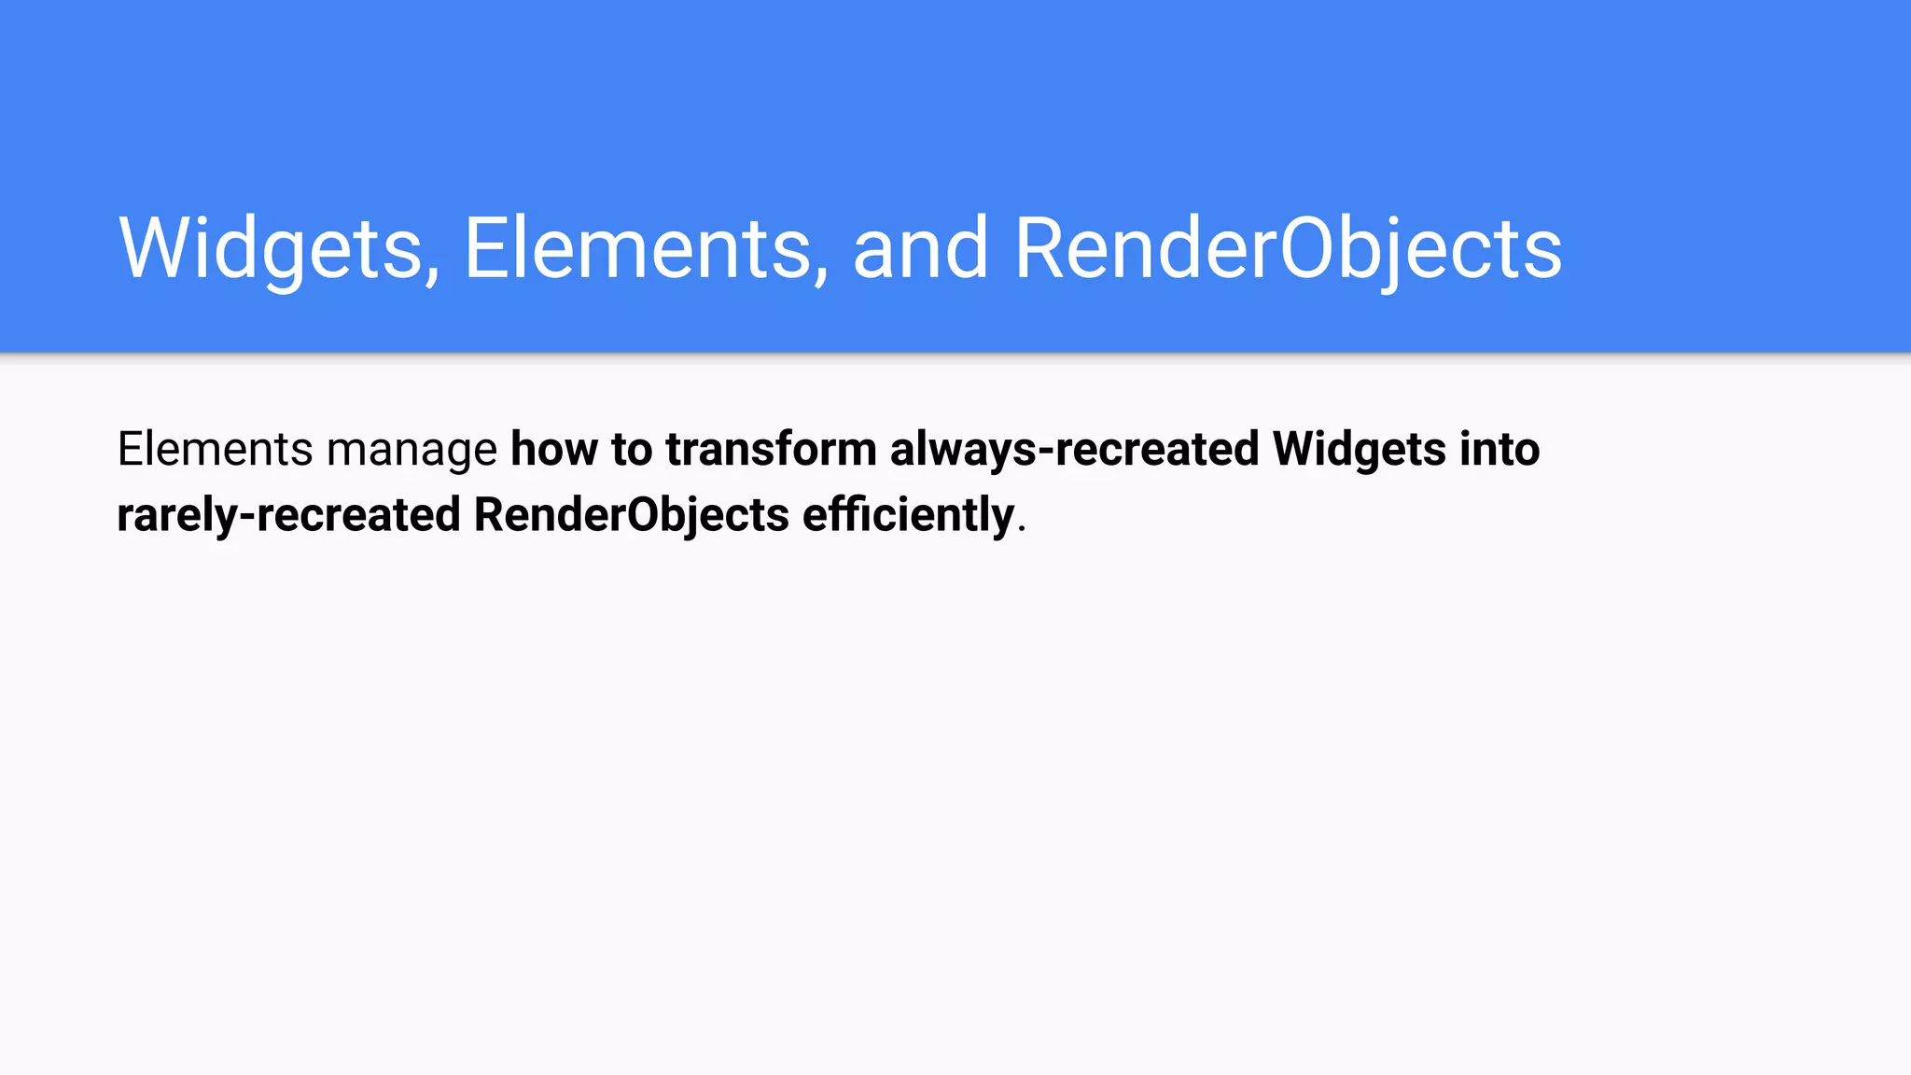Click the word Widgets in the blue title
271,248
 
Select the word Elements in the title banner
637,248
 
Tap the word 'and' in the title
920,248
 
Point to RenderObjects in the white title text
1288,248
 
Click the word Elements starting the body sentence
215,449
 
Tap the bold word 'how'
554,449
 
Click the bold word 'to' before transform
632,449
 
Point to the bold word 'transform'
771,449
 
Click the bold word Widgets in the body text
1360,449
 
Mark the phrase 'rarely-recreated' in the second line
288,515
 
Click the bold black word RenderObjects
632,515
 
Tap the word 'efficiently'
908,515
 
